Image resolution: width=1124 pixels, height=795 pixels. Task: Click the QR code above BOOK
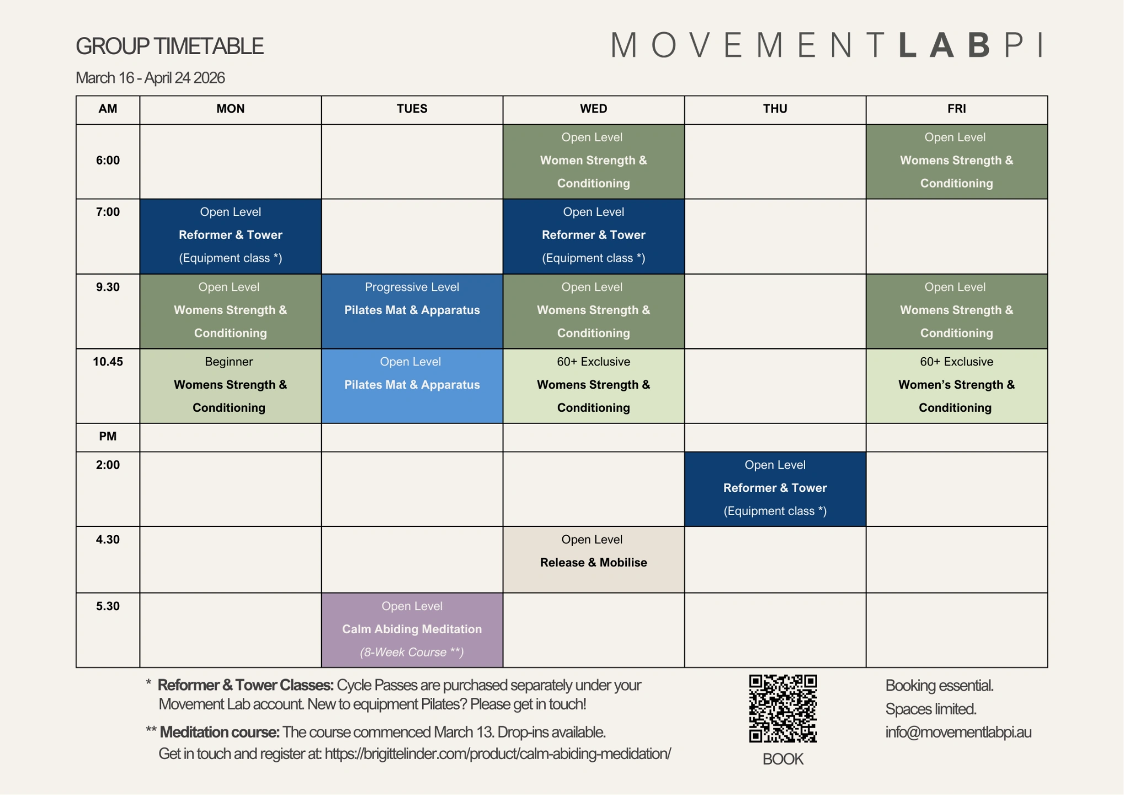[x=782, y=708]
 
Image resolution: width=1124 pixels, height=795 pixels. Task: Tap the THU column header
[x=775, y=109]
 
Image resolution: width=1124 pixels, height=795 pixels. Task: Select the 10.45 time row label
[x=108, y=362]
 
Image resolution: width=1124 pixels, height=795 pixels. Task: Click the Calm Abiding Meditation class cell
[x=412, y=630]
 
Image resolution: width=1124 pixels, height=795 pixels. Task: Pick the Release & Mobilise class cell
[x=593, y=559]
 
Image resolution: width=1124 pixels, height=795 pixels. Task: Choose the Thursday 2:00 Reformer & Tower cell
[x=775, y=489]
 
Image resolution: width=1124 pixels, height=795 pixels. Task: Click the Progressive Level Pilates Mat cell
[x=412, y=311]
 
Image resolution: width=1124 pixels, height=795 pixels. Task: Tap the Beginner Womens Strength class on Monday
[x=230, y=386]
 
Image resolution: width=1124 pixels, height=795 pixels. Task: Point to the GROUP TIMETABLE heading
[x=169, y=46]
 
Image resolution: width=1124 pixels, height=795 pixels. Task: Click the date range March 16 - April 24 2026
[x=150, y=78]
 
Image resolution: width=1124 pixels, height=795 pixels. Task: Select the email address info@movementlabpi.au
[x=958, y=732]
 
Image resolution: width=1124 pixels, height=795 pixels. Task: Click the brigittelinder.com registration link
[x=498, y=754]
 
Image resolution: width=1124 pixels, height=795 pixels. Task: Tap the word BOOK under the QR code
[x=782, y=759]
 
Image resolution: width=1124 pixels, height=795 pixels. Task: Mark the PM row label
[x=108, y=436]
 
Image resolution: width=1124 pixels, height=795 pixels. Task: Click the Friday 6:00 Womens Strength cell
[x=956, y=161]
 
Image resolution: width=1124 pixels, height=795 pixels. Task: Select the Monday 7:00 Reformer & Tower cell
[x=230, y=236]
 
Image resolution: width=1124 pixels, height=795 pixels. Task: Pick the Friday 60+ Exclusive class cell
[x=956, y=386]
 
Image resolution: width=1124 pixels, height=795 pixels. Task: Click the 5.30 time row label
[x=108, y=606]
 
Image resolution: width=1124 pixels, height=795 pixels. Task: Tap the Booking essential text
[x=939, y=686]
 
